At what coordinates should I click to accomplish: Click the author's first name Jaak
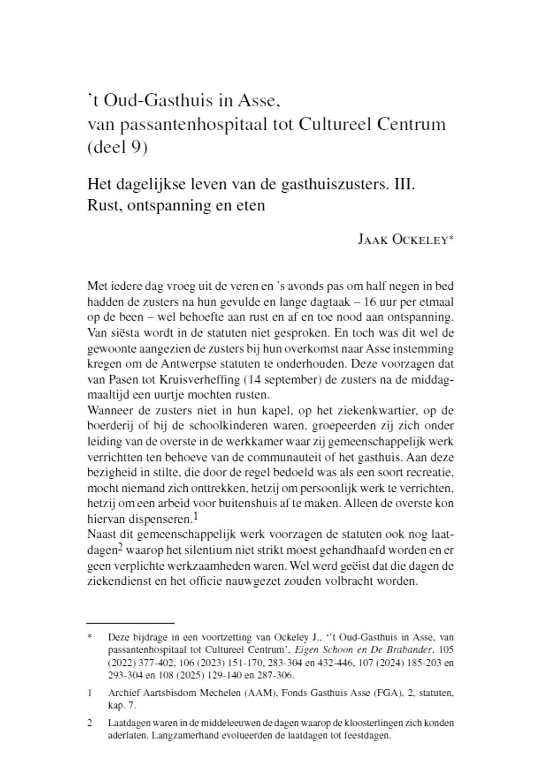(x=372, y=240)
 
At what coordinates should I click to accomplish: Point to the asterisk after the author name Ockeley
(x=451, y=238)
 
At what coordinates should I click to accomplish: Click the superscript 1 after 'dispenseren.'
(x=196, y=516)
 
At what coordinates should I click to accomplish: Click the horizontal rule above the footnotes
(x=131, y=623)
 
